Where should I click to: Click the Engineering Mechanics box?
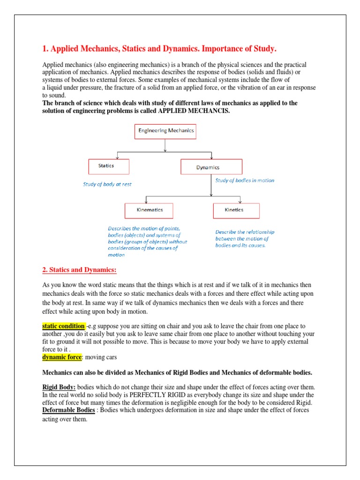(165, 131)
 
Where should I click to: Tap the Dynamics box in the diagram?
(211, 167)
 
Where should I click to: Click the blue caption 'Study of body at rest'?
(107, 184)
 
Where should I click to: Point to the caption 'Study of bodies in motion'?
(245, 180)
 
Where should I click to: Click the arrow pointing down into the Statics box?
(117, 156)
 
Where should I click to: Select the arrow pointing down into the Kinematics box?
(147, 200)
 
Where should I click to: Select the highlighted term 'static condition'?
(64, 326)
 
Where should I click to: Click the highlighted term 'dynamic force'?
(62, 357)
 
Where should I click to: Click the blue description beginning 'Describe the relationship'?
(245, 239)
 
